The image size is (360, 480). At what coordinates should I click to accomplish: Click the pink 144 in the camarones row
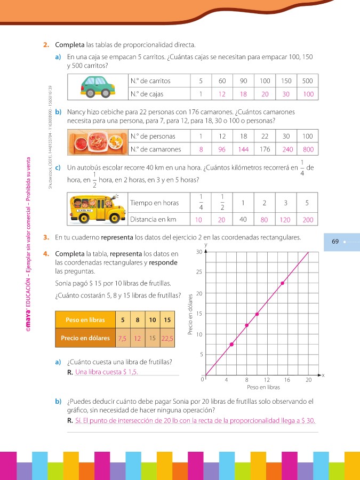[x=244, y=149]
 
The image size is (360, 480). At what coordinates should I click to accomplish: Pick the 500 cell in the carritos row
[x=308, y=81]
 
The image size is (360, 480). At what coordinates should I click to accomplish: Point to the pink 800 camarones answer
[x=308, y=149]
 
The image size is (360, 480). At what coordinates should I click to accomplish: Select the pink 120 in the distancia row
[x=286, y=220]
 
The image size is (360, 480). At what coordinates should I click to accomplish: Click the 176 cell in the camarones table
[x=265, y=149]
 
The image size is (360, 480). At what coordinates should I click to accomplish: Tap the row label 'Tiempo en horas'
[x=155, y=203]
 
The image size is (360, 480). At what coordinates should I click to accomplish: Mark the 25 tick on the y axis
[x=199, y=272]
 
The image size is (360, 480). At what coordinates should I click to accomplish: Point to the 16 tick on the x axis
[x=287, y=380]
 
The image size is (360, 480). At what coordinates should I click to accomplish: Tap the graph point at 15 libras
[x=282, y=283]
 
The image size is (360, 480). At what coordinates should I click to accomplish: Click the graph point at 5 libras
[x=231, y=345]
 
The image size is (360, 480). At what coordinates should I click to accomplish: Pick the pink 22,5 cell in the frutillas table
[x=167, y=338]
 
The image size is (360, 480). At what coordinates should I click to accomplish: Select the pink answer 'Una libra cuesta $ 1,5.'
[x=107, y=372]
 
